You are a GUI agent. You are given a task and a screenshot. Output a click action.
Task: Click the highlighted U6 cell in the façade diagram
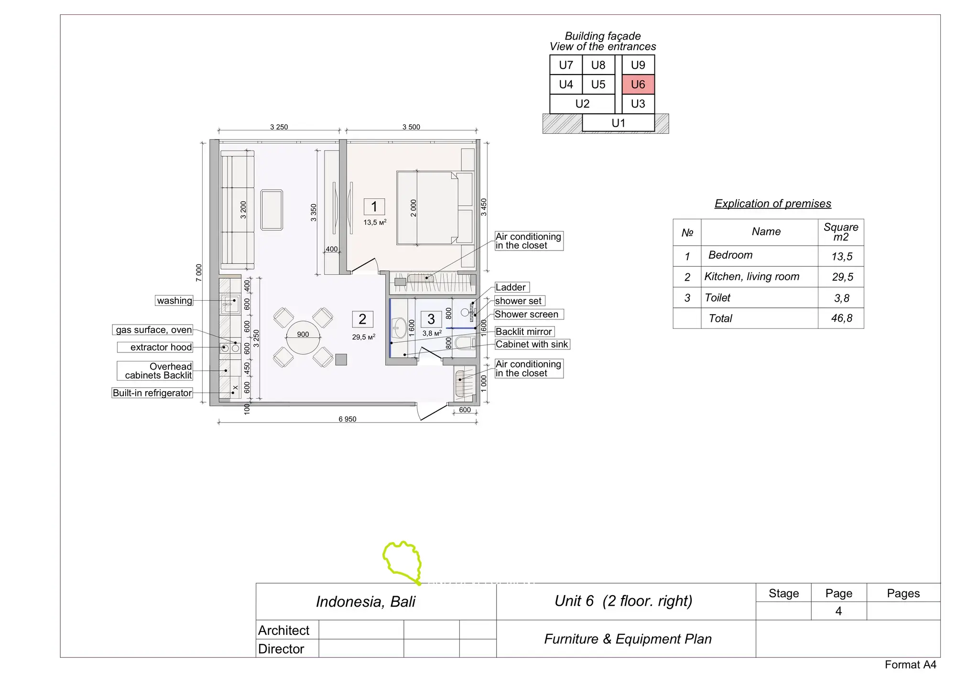tap(638, 85)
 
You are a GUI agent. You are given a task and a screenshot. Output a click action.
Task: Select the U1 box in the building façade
tap(619, 123)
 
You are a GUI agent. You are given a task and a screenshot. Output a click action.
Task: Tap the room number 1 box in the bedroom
tap(374, 207)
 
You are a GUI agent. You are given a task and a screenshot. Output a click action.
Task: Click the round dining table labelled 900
tap(303, 337)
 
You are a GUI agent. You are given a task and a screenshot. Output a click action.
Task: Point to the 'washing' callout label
tap(174, 301)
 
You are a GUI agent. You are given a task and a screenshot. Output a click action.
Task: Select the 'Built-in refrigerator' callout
tap(152, 393)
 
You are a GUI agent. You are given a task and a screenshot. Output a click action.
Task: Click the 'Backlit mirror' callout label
tap(524, 332)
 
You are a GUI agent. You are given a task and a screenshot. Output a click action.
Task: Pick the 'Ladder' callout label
tap(511, 287)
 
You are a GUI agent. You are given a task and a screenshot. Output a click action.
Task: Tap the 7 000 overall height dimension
tap(199, 273)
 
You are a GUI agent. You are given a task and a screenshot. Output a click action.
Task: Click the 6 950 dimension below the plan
tap(348, 419)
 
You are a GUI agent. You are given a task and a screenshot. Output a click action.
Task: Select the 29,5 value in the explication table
tap(842, 277)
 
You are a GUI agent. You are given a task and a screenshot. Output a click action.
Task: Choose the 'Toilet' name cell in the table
tap(717, 298)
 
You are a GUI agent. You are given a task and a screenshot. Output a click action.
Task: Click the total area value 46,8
tap(842, 318)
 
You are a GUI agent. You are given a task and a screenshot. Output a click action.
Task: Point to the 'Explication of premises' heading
tap(773, 204)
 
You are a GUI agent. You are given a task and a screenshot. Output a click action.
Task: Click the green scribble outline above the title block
tap(402, 562)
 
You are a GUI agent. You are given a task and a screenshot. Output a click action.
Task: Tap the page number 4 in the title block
tap(838, 611)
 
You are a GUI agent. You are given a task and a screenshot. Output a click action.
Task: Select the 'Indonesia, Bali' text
tap(366, 601)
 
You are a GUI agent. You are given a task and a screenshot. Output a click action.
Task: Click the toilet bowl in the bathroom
tap(465, 343)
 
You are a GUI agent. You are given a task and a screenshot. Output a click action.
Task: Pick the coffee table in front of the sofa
tap(272, 210)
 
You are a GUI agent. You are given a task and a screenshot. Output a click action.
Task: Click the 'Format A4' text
tap(911, 665)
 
